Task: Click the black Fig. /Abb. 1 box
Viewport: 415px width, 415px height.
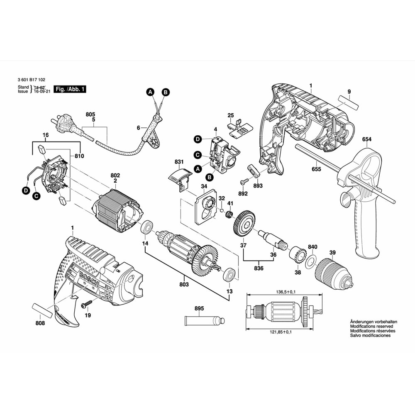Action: click(70, 89)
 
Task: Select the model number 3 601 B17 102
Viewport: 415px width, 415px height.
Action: click(32, 82)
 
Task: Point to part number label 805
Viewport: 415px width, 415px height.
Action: click(90, 114)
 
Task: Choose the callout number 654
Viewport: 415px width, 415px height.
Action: click(366, 139)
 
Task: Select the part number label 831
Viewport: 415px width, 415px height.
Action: click(179, 161)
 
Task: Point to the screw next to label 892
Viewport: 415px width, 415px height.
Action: click(244, 181)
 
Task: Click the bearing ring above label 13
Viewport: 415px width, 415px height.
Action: click(229, 275)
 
